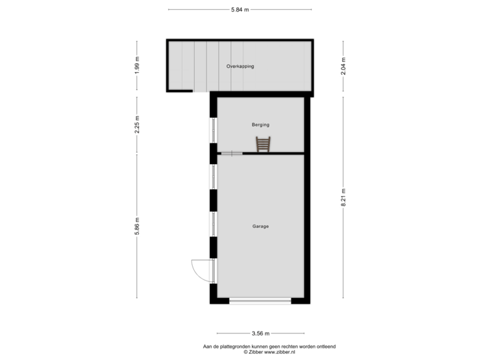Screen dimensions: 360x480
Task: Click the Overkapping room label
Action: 240,67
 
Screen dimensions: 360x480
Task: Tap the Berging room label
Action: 260,125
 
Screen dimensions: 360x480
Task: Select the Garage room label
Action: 260,227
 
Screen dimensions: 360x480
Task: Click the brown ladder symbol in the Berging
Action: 263,144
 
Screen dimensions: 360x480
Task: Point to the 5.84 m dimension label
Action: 240,9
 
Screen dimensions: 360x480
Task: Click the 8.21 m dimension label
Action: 343,198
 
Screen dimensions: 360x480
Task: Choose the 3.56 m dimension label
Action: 260,333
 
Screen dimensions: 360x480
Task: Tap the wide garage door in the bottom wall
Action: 260,301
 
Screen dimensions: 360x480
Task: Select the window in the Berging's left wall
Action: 213,130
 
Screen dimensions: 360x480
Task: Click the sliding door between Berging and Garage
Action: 232,153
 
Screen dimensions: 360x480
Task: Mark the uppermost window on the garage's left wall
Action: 213,177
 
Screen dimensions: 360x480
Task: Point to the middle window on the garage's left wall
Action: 213,223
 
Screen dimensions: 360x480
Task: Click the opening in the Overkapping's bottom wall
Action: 201,90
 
